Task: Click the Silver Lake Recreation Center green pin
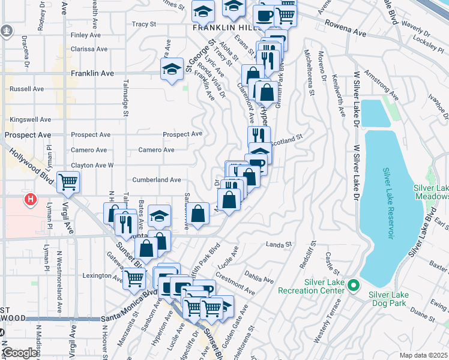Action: pos(354,284)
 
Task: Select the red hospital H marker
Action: pos(29,200)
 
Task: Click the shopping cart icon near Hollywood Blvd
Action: pos(68,181)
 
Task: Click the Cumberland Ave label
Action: pos(156,179)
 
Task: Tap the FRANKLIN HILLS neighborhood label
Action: pos(226,28)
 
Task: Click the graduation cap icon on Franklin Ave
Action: pos(172,70)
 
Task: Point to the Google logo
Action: pos(19,353)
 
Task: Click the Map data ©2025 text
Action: pos(424,356)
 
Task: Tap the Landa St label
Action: pos(278,244)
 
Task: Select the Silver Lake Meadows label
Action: pos(431,192)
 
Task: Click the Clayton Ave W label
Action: pos(92,165)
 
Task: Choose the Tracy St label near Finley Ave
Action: pos(143,25)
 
